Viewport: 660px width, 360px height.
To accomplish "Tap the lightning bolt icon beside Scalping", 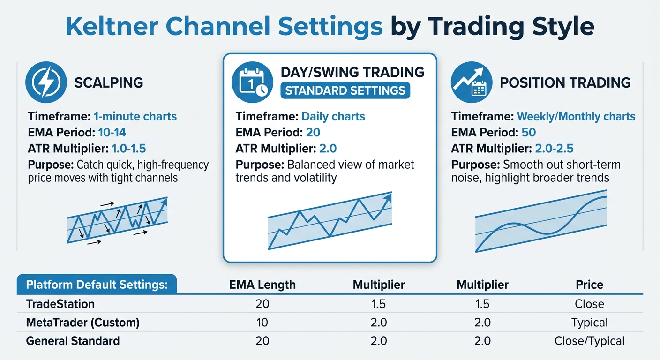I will [x=46, y=82].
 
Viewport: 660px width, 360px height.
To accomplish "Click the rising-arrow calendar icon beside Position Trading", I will [x=471, y=82].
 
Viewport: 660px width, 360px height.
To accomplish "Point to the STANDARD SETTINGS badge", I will [x=345, y=90].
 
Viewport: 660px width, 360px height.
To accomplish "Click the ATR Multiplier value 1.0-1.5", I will [x=129, y=149].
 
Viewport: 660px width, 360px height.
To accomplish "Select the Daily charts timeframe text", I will [x=333, y=116].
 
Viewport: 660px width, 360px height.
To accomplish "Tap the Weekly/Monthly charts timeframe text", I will [x=576, y=116].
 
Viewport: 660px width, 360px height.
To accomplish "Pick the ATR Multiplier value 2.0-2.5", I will [x=554, y=149].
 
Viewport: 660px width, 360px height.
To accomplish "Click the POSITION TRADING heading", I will [x=565, y=83].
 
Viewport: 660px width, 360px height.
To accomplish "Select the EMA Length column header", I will [x=262, y=285].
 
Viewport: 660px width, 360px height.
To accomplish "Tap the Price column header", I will [x=589, y=285].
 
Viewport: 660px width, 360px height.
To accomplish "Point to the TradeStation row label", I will [x=60, y=304].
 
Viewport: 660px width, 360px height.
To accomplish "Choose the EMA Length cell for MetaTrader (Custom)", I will [x=262, y=322].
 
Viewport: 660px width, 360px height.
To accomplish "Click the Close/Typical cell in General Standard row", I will [x=589, y=341].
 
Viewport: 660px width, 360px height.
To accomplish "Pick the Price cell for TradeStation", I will [x=589, y=304].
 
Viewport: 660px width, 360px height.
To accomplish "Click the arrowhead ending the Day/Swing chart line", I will [x=388, y=196].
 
